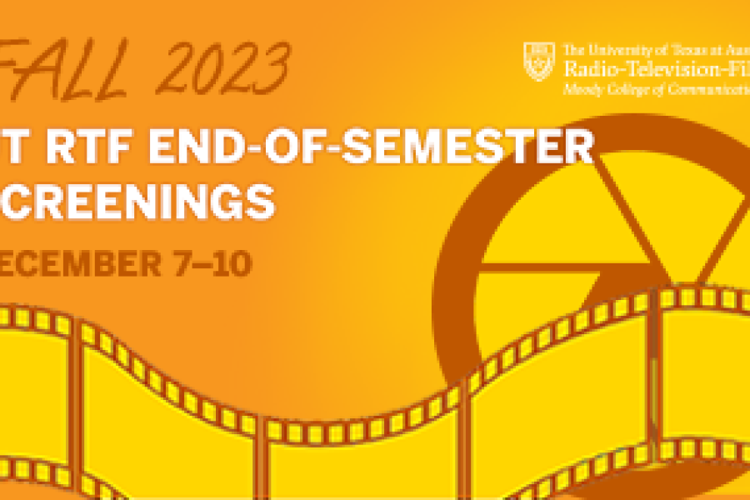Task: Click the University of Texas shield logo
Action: pyautogui.click(x=539, y=62)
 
